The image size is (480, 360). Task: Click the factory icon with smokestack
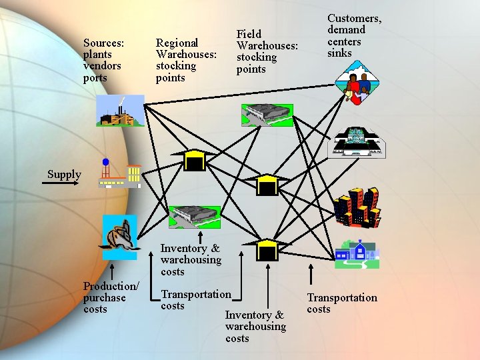[120, 111]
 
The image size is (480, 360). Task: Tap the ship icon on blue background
[119, 237]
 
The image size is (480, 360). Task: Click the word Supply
[64, 175]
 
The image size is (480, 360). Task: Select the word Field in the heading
[249, 34]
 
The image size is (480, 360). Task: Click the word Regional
[177, 43]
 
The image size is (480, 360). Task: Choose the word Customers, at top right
[354, 18]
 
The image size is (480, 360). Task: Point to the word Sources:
[104, 43]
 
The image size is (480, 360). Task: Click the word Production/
[111, 286]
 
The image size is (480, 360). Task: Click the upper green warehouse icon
[267, 115]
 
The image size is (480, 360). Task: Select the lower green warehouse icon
[194, 217]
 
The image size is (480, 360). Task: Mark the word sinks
[339, 53]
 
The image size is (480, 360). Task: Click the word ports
[95, 78]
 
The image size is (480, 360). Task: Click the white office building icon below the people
[357, 142]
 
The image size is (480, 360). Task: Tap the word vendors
[102, 66]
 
